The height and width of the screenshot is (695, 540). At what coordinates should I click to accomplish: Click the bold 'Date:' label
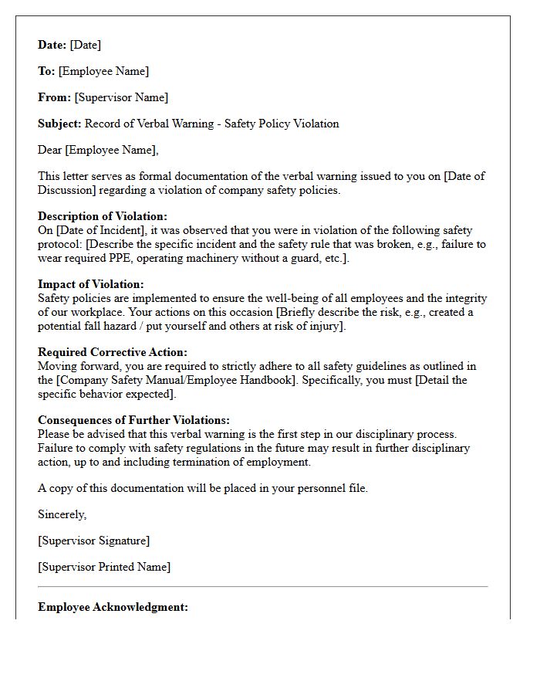pos(52,46)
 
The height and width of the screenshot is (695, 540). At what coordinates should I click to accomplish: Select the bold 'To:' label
pos(46,72)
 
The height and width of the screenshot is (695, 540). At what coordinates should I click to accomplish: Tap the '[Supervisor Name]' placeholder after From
pos(121,98)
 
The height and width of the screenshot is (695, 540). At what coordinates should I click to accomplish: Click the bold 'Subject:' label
pos(59,124)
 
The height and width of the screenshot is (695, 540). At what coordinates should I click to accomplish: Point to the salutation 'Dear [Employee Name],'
pos(98,151)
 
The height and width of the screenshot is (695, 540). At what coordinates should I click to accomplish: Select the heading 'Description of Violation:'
pos(103,217)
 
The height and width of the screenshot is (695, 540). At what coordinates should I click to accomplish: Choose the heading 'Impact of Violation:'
pos(91,285)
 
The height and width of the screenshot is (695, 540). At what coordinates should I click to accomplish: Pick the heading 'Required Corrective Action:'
pos(113,353)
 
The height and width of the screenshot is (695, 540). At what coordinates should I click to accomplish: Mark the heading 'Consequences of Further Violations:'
pos(133,421)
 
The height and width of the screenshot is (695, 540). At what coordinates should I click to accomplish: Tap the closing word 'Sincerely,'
pos(62,515)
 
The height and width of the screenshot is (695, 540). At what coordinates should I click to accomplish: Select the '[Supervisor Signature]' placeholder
pos(94,541)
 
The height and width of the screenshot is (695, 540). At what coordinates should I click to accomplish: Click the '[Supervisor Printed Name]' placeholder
pos(104,568)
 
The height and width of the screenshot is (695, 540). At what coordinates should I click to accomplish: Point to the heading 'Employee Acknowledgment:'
pos(113,608)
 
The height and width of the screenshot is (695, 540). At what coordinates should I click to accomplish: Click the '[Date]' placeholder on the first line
pos(86,46)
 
